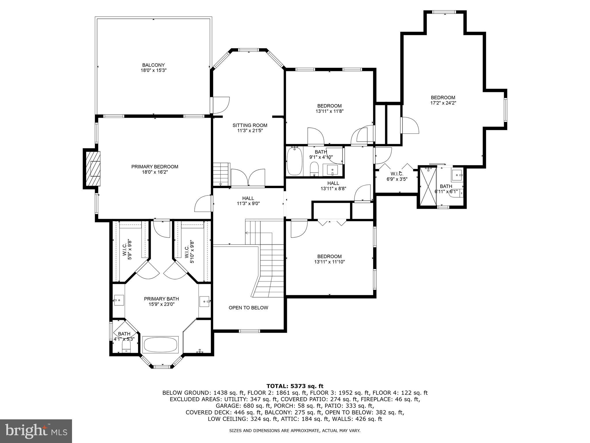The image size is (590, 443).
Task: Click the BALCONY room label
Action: [x=153, y=65]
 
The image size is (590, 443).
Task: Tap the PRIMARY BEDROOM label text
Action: [x=155, y=167]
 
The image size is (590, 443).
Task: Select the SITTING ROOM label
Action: [x=250, y=125]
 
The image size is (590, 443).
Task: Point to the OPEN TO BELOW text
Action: [x=248, y=308]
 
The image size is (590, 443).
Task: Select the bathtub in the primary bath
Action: [x=160, y=344]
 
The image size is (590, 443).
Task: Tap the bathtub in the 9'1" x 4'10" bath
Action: [x=294, y=161]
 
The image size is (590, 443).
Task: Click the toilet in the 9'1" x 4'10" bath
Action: [x=314, y=169]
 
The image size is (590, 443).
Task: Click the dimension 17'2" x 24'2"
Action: [x=443, y=103]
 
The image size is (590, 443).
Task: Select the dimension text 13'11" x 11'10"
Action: [x=329, y=262]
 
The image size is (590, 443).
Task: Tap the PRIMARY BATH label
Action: [x=161, y=299]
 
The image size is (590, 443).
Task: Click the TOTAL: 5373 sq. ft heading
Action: [x=295, y=386]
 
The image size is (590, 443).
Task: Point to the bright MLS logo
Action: [x=36, y=431]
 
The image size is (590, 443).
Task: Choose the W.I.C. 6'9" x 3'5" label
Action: [x=397, y=176]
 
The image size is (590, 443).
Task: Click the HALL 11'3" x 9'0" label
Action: [x=248, y=201]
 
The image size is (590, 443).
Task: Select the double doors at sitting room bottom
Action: [x=248, y=178]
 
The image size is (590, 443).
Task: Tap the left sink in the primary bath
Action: [x=118, y=300]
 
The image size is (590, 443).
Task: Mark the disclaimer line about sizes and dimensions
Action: [x=295, y=431]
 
